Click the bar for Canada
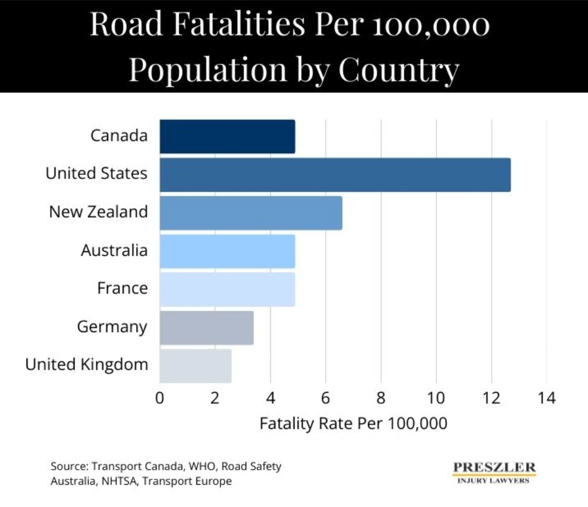click(227, 136)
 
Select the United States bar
click(335, 175)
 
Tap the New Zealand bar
click(250, 213)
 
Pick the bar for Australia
click(227, 251)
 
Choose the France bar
click(227, 290)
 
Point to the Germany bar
click(206, 328)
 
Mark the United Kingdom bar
click(195, 366)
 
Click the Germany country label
click(112, 327)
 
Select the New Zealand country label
click(98, 212)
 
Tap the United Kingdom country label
click(87, 365)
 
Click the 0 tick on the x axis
click(160, 397)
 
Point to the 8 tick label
click(381, 397)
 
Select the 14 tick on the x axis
click(547, 397)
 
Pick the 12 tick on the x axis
click(492, 397)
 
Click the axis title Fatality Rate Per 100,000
click(353, 424)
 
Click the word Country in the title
click(399, 70)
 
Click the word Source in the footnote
click(68, 466)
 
